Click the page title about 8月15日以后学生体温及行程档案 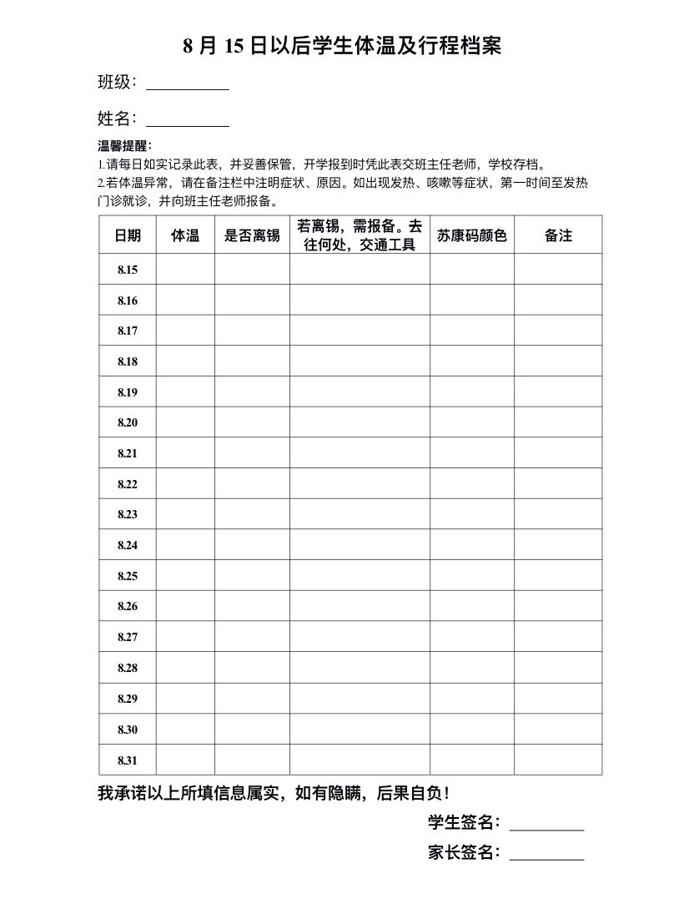343,46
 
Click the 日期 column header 128,235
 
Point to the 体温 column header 185,235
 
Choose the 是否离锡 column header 252,235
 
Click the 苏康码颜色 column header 472,235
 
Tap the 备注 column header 558,235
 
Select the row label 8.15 128,270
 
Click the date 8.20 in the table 128,422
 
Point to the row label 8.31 128,760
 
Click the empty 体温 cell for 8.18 185,361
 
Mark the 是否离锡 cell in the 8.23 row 252,514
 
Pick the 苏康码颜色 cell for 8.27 472,637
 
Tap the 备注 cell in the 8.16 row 558,300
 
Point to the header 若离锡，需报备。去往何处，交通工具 360,235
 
